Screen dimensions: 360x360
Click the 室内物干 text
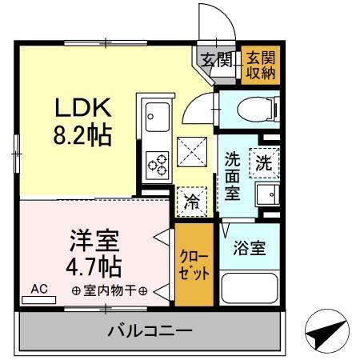108,290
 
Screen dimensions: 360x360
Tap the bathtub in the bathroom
249,287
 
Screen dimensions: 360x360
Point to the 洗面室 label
233,176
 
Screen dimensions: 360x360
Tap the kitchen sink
155,120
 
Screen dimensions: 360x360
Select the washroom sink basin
265,194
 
